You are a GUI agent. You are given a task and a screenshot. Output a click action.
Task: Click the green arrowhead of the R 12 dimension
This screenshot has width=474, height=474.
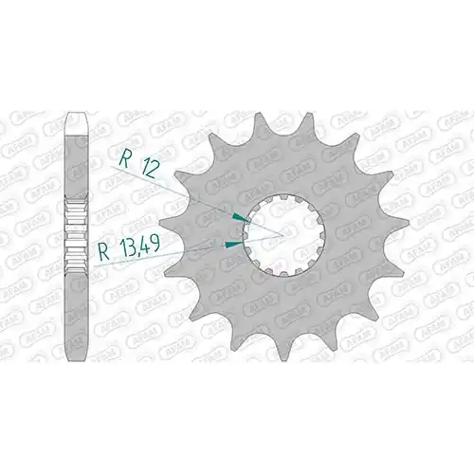pos(240,217)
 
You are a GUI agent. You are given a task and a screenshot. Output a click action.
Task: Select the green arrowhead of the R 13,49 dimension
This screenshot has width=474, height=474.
pos(234,244)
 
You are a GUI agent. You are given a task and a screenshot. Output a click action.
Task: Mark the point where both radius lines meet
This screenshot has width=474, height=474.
pos(283,236)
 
